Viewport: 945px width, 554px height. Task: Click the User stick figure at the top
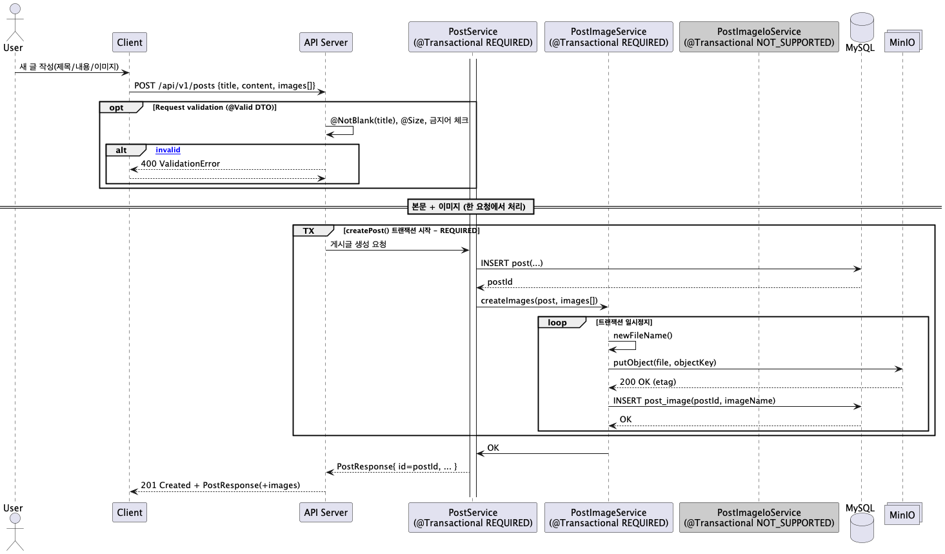15,23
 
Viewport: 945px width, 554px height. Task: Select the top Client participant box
130,42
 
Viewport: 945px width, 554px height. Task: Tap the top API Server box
326,42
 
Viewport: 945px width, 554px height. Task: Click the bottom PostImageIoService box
759,517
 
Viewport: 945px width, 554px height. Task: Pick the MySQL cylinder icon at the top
862,28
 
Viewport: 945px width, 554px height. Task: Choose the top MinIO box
903,41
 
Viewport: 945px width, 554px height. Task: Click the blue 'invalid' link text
168,150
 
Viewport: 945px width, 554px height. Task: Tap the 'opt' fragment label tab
121,107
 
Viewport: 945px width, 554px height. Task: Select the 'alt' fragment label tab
126,150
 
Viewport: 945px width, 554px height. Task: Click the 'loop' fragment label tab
562,322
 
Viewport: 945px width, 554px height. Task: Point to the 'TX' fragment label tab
313,231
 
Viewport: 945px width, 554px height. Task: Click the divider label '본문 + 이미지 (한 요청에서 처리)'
471,207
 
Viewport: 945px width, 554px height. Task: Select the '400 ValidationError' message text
180,163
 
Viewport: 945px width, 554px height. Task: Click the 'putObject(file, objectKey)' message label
664,362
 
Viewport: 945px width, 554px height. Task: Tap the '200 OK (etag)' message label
648,382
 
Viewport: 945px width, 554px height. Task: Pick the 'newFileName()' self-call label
642,335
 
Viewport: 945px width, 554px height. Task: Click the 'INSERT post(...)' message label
512,263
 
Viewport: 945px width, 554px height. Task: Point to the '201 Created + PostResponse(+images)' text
220,485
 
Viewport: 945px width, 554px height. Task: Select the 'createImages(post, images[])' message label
539,301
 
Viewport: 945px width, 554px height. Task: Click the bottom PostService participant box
472,517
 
